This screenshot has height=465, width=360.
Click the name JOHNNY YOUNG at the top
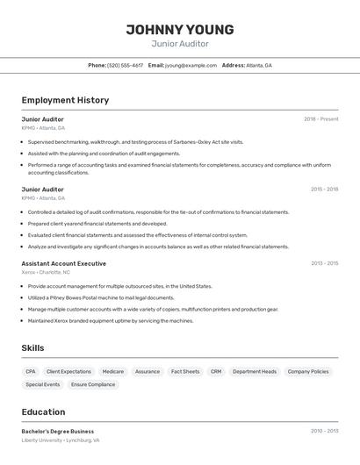[x=179, y=29]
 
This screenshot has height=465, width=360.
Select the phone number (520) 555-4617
[x=126, y=66]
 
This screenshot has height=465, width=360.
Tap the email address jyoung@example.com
[x=191, y=66]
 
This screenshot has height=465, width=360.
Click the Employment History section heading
[x=65, y=100]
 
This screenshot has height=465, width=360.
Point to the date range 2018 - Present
[x=320, y=119]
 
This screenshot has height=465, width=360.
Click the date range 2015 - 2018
[x=324, y=190]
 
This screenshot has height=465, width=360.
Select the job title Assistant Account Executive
[x=63, y=263]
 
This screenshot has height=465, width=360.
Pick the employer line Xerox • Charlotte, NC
[x=46, y=273]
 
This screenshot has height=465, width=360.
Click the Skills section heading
[x=32, y=348]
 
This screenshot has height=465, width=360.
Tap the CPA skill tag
[x=31, y=372]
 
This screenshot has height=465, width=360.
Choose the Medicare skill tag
[x=112, y=372]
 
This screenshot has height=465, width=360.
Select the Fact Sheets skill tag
[x=184, y=372]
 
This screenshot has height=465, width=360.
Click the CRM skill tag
[x=216, y=372]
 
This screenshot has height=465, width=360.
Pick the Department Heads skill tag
[x=255, y=372]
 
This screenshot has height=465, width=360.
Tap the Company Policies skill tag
[x=308, y=372]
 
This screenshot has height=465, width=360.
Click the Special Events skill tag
[x=43, y=384]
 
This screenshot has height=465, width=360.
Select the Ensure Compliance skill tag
[x=92, y=384]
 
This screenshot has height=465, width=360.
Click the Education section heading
[x=43, y=411]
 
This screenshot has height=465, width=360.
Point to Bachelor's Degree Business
[x=57, y=431]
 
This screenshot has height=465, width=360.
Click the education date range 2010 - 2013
[x=324, y=431]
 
